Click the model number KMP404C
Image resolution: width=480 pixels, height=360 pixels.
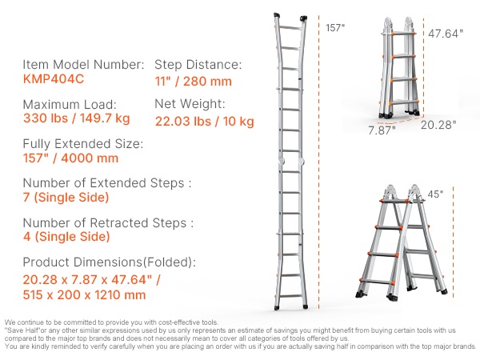(54, 79)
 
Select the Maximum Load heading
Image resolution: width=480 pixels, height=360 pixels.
(70, 104)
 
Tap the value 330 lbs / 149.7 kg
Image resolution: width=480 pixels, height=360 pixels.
(77, 118)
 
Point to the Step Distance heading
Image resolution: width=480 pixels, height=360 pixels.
(198, 65)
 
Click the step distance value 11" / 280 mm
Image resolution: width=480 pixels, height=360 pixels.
(193, 82)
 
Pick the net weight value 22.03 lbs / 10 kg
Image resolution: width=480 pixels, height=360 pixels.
(205, 122)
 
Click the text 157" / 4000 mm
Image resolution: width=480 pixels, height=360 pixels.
(70, 158)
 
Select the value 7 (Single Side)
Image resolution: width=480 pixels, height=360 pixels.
(66, 198)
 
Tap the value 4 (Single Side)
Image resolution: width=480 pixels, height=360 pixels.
(66, 236)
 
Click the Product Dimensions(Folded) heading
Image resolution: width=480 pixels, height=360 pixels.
(110, 262)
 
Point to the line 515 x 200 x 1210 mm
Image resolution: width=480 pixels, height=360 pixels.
(84, 294)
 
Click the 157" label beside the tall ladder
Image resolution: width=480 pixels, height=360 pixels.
(335, 28)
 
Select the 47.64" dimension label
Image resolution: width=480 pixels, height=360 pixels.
(446, 34)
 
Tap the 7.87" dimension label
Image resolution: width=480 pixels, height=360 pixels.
(382, 130)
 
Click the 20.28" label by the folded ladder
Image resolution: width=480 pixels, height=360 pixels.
(438, 125)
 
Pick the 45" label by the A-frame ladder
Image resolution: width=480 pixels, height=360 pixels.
(435, 194)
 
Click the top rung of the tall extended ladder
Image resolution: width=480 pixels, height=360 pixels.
(290, 27)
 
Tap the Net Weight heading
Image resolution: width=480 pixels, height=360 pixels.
(190, 104)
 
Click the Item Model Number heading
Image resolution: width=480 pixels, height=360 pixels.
(83, 65)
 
